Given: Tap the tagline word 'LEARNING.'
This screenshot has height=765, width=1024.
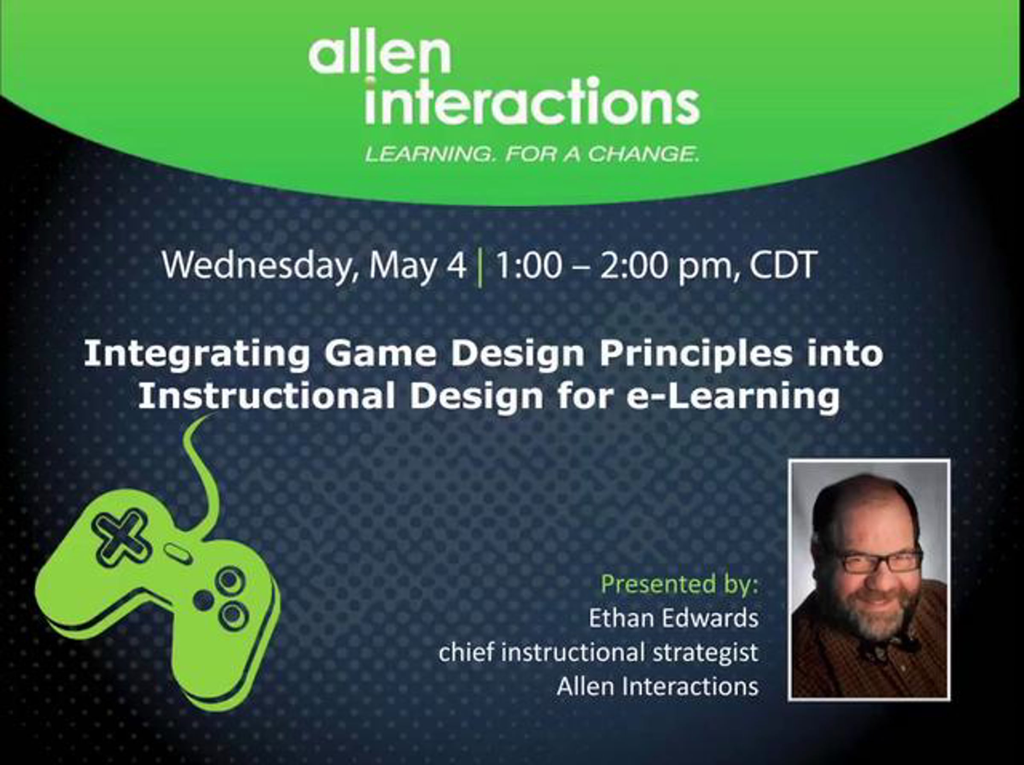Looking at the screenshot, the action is click(429, 154).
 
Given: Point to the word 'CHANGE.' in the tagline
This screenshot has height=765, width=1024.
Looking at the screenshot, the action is click(643, 154).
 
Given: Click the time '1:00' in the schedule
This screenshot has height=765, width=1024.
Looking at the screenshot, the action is click(528, 266).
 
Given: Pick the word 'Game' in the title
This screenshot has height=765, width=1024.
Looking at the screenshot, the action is click(380, 354).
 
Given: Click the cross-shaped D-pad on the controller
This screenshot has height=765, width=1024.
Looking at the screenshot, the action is click(121, 537).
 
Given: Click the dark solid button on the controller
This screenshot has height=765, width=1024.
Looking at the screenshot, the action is click(203, 600).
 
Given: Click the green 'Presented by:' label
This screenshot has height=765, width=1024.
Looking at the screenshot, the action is click(680, 585).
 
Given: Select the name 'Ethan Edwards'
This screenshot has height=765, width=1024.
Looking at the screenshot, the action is click(674, 618).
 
